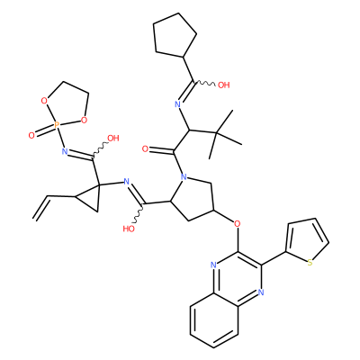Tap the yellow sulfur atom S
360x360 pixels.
(x=310, y=263)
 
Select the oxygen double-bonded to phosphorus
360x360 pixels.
(x=31, y=136)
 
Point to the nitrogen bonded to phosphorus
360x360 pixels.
(x=64, y=151)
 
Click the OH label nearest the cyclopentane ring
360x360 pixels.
(x=223, y=85)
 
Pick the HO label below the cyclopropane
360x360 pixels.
(x=129, y=229)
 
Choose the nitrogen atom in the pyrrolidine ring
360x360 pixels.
(x=184, y=177)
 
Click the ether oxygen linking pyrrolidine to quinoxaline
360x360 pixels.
(x=238, y=224)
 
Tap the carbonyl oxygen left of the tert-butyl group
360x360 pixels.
(x=146, y=149)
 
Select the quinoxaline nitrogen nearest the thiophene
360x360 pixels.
(x=260, y=292)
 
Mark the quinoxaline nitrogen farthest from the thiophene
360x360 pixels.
(x=213, y=265)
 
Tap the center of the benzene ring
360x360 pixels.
(x=214, y=320)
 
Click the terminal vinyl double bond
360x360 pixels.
(x=41, y=209)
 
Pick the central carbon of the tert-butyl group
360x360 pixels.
(x=215, y=132)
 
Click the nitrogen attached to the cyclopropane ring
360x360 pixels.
(x=126, y=182)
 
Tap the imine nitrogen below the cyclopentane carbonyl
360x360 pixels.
(x=177, y=104)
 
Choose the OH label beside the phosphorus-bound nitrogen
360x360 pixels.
(x=113, y=139)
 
